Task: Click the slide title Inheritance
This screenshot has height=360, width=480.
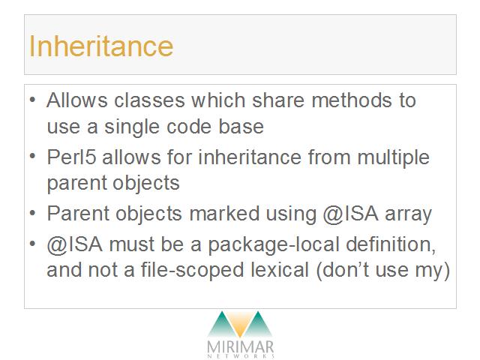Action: pos(101,46)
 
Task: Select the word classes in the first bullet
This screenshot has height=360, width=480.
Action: pos(149,100)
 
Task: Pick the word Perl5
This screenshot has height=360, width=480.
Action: pos(72,157)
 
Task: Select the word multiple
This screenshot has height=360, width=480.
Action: pos(393,158)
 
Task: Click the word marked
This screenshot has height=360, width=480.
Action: pos(224,213)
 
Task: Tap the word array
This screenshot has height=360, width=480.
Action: pos(408,214)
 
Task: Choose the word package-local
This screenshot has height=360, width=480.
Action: pos(274,245)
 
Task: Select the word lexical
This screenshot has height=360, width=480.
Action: pos(279,270)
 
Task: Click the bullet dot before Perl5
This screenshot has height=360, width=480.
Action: pos(33,156)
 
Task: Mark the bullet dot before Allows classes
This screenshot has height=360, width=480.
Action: pos(33,100)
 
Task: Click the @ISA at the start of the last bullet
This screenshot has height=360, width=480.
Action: pos(75,244)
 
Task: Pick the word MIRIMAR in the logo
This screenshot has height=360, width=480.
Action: pos(240,347)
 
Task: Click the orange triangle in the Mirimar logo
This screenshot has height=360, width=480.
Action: pos(240,325)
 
